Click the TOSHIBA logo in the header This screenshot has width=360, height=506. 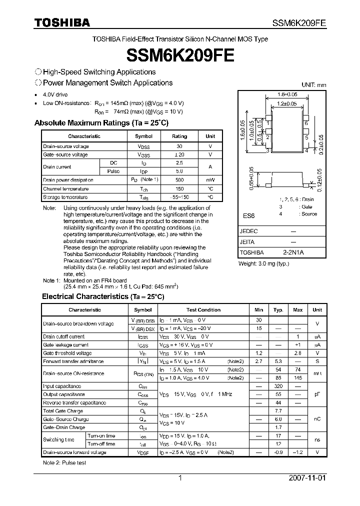tap(62, 22)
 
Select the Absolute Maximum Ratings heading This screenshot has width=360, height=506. tap(101, 122)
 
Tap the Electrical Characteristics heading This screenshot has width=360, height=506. tap(103, 296)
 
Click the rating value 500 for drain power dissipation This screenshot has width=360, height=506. tap(179, 179)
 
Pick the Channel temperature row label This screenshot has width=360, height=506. tap(65, 188)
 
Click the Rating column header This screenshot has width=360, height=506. tap(179, 136)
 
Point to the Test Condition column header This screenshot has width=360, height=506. tap(203, 310)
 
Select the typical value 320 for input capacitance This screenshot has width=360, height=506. tap(278, 386)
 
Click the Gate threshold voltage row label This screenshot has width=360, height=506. tap(66, 353)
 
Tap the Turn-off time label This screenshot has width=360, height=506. tap(101, 444)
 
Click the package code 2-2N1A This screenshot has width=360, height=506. tap(293, 252)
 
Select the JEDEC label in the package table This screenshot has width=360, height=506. tap(249, 231)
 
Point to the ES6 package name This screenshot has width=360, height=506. tap(248, 216)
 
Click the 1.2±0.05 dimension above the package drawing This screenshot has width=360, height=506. tap(287, 103)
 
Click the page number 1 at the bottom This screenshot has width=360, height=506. tap(180, 478)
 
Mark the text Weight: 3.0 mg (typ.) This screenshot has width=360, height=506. tap(263, 263)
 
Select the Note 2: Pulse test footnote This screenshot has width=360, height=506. tap(64, 462)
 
